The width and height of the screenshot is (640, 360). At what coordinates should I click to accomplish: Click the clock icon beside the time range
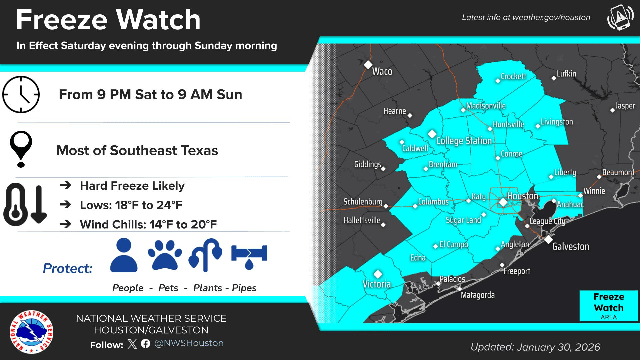(21, 95)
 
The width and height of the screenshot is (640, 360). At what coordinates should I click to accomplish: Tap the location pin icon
(21, 148)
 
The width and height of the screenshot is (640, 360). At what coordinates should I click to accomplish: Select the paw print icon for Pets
(165, 255)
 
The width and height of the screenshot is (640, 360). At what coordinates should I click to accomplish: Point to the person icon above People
(124, 255)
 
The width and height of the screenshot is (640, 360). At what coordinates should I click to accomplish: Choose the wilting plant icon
(206, 255)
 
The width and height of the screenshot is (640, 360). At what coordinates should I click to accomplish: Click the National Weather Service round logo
(31, 332)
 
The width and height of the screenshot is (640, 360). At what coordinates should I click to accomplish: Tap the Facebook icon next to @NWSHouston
(145, 344)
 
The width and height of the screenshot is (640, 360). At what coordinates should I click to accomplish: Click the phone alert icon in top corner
(620, 17)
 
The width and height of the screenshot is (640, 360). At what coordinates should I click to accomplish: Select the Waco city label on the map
(382, 71)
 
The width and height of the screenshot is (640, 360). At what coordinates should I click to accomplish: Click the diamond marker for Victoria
(378, 274)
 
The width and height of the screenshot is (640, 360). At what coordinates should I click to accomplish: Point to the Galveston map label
(570, 247)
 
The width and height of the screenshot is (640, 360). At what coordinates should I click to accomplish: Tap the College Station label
(464, 141)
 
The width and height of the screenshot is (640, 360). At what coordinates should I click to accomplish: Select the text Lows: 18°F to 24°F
(131, 205)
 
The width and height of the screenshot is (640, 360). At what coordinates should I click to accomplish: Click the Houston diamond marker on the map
(503, 202)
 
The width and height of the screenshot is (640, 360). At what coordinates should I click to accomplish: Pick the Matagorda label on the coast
(477, 295)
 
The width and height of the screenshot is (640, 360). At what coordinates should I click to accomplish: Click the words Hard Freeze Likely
(132, 186)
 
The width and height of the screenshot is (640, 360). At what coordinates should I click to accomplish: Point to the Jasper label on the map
(625, 106)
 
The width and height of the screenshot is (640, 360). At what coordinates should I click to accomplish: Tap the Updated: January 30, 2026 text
(535, 347)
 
